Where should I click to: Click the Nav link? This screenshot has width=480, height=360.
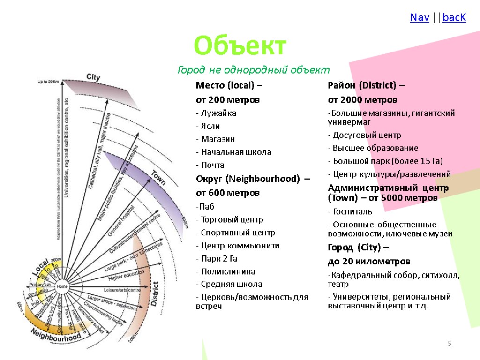coord(420,18)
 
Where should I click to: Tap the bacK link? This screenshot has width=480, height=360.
coord(454,18)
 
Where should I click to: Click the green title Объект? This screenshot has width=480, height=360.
coord(240,46)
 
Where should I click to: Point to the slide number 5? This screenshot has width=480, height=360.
coord(450,345)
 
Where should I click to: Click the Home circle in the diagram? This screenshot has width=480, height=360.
coord(62,286)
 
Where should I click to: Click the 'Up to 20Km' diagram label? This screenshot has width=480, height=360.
coord(49,82)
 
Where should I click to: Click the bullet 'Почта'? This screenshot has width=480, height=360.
coord(213,165)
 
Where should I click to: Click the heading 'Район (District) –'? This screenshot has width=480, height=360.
coord(366,85)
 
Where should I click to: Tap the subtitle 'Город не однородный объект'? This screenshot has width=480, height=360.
coord(254,70)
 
